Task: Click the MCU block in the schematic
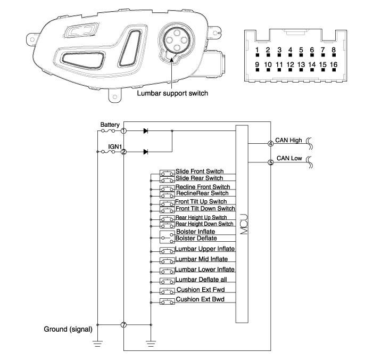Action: point(242,224)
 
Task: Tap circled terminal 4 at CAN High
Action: point(270,144)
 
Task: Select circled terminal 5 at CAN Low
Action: point(270,162)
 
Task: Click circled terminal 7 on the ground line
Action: point(123,325)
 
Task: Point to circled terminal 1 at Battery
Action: point(123,130)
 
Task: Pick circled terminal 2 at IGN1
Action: point(123,152)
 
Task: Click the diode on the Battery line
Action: point(146,130)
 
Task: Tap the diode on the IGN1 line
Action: point(146,152)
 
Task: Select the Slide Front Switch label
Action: point(200,171)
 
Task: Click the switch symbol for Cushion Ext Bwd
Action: point(167,301)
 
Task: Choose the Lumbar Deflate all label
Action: point(201,280)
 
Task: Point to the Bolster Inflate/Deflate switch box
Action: point(167,237)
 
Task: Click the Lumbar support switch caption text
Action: point(172,93)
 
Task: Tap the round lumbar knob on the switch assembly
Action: point(176,40)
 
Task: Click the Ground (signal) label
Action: point(68,329)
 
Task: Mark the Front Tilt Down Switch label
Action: point(205,209)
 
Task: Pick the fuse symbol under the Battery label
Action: point(108,130)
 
